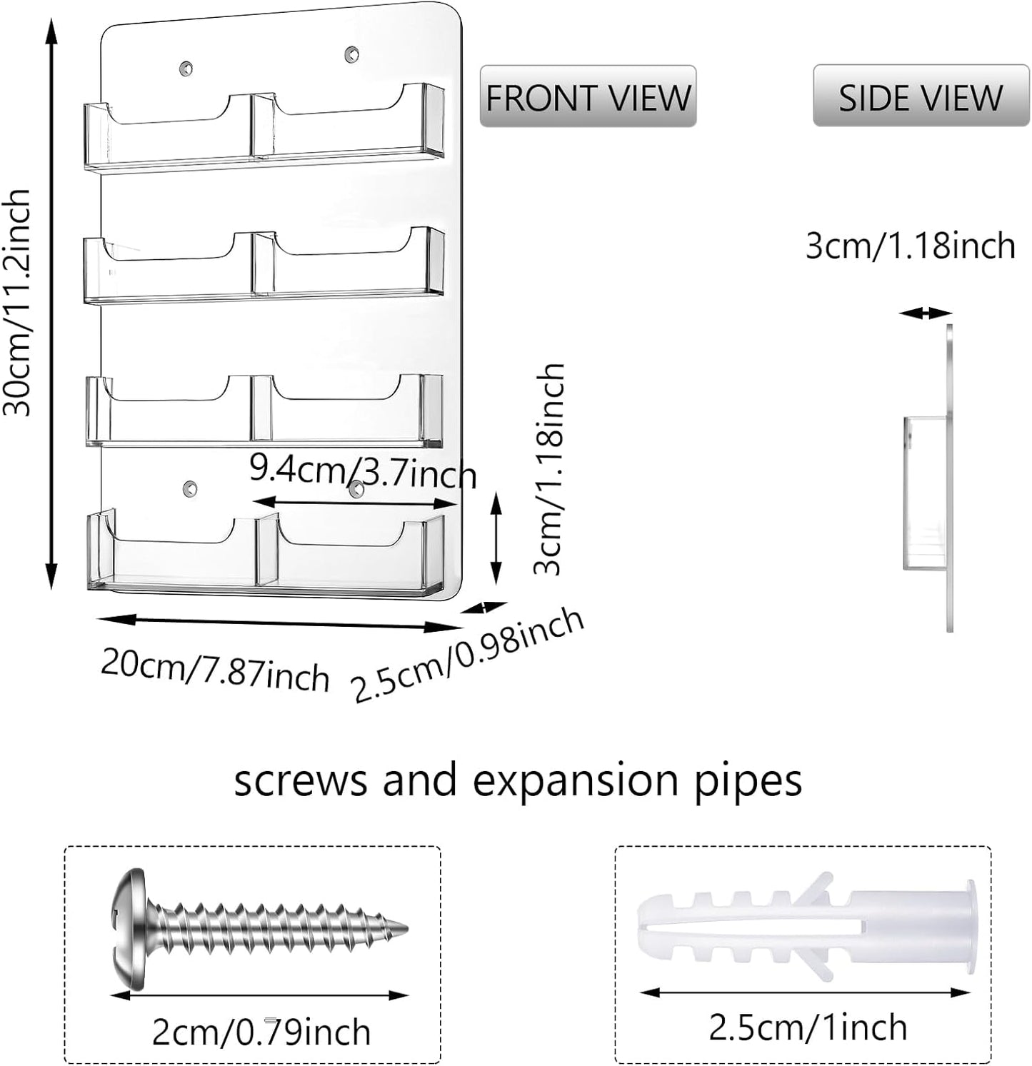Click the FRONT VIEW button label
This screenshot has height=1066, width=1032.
pyautogui.click(x=588, y=97)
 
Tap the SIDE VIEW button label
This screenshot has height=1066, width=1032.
pyautogui.click(x=921, y=97)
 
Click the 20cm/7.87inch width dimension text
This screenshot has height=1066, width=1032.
pyautogui.click(x=215, y=669)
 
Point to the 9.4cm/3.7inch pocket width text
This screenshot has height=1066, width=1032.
pyautogui.click(x=363, y=471)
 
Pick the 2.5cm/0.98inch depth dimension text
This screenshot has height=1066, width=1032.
pyautogui.click(x=469, y=655)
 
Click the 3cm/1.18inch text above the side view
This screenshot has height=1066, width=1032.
pyautogui.click(x=911, y=246)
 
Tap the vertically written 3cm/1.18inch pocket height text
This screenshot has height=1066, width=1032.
pyautogui.click(x=551, y=468)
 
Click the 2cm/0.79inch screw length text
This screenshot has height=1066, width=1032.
pyautogui.click(x=261, y=1032)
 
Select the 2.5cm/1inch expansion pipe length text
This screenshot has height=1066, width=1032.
pyautogui.click(x=808, y=1027)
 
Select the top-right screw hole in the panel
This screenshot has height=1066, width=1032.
pyautogui.click(x=351, y=54)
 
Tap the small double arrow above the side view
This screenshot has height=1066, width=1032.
pyautogui.click(x=926, y=313)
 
